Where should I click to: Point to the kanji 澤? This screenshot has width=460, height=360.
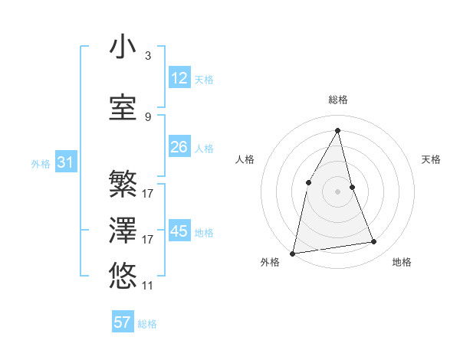tap(123, 230)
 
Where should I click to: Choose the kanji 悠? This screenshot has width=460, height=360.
tap(123, 274)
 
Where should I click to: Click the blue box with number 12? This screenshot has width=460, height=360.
tap(179, 78)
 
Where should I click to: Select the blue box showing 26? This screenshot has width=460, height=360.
tap(179, 147)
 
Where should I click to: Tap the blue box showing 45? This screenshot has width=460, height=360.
tap(179, 231)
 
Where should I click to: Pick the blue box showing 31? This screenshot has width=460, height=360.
tap(65, 162)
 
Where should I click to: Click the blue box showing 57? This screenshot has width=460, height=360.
tap(123, 322)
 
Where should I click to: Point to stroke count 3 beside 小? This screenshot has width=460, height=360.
tap(148, 56)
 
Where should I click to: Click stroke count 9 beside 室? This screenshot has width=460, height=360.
tap(148, 117)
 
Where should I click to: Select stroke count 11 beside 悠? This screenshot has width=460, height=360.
tap(148, 286)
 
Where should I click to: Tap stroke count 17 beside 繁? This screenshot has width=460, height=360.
tap(148, 194)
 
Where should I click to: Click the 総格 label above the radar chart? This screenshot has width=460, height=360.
tap(338, 100)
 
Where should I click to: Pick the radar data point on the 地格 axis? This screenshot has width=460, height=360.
tap(374, 242)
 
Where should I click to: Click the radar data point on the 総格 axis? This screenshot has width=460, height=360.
tap(338, 129)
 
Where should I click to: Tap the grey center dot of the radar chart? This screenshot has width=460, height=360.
tap(338, 191)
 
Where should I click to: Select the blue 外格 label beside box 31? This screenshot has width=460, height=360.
tap(41, 163)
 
